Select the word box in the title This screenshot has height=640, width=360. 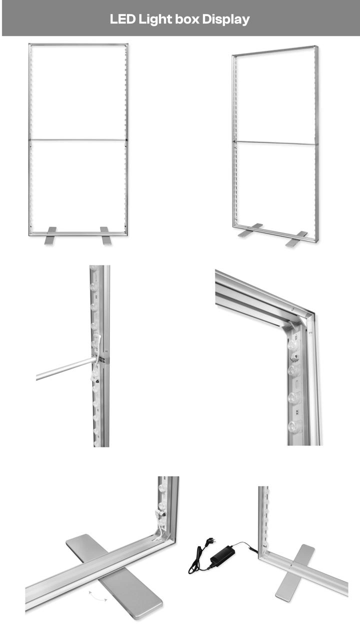[187, 19]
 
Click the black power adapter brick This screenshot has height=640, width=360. [223, 554]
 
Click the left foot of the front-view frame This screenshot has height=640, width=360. [50, 235]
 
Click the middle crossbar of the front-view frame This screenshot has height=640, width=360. [77, 139]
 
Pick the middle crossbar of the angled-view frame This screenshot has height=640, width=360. [276, 142]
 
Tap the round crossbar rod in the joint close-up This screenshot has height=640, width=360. [65, 369]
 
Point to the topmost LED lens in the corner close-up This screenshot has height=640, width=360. [292, 344]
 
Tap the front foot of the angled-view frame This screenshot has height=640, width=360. [295, 239]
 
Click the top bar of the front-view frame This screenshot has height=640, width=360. [78, 44]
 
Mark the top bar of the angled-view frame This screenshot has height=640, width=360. [275, 50]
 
